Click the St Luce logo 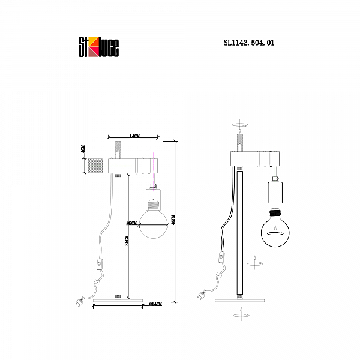pos(99,46)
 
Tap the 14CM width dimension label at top pos(134,137)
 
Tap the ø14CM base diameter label pos(155,305)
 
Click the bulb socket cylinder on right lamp pos(275,194)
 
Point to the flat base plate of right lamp pos(239,299)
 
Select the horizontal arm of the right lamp pos(255,159)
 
